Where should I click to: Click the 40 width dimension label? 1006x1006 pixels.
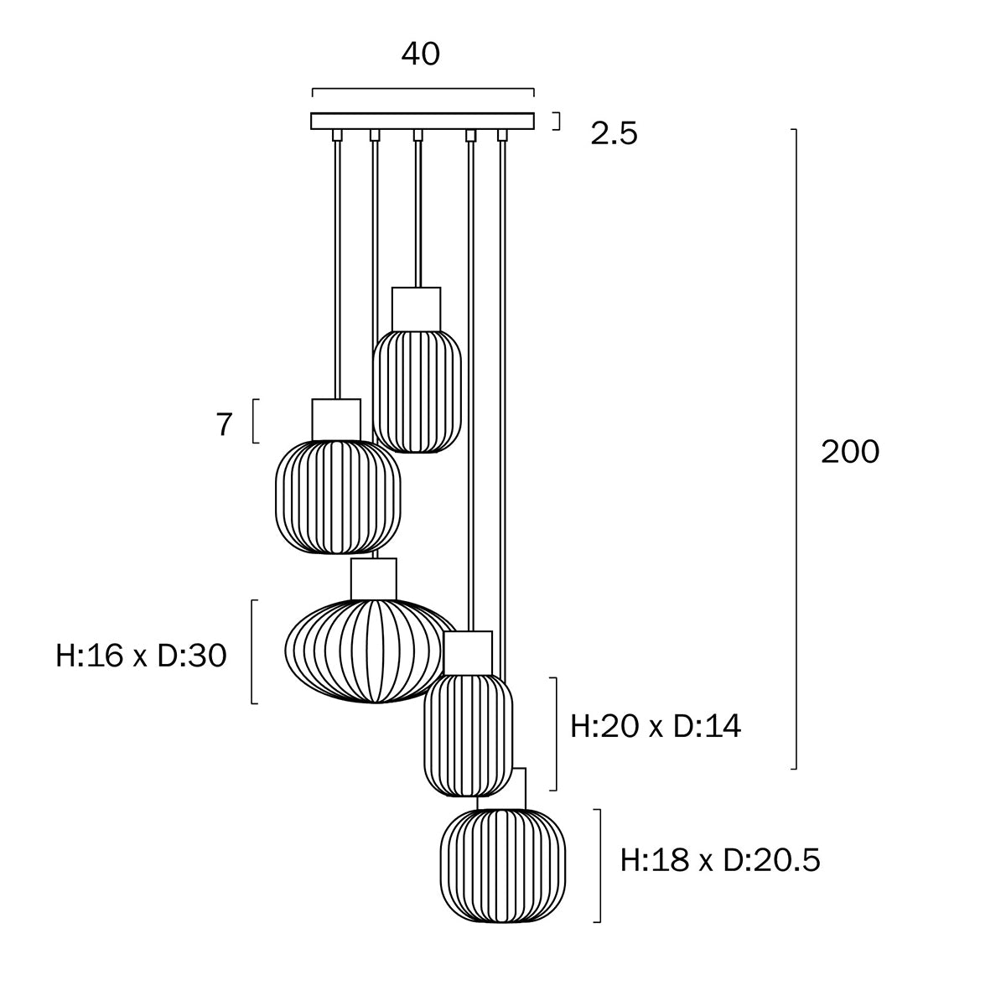(420, 54)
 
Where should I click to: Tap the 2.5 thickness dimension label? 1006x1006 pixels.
(614, 133)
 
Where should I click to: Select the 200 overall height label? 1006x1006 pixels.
(849, 452)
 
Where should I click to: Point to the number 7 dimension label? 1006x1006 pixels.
(224, 425)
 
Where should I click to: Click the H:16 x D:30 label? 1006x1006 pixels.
(142, 656)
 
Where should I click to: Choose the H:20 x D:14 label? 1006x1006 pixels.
(656, 726)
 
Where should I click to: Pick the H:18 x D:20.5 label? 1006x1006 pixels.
(720, 860)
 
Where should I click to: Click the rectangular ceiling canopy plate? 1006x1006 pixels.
(423, 121)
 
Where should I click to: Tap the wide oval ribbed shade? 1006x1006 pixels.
(369, 651)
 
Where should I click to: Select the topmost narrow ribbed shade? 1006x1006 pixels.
(417, 392)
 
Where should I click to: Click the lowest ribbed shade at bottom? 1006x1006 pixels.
(503, 866)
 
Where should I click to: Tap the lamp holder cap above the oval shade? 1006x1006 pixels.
(374, 579)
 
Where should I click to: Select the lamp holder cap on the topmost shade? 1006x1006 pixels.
(416, 309)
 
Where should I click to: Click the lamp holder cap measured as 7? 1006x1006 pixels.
(336, 419)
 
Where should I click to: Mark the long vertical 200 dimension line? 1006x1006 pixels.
(795, 449)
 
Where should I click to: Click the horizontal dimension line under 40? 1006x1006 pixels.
(423, 88)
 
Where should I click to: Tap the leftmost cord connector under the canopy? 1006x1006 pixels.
(336, 135)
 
